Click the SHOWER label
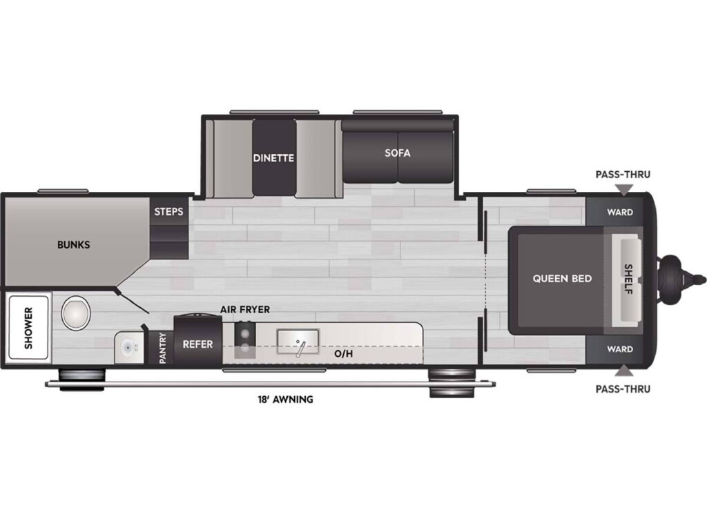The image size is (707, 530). click(28, 328)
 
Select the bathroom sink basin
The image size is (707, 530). click(129, 348)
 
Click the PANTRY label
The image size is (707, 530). click(163, 348)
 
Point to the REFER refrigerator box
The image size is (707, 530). click(198, 341)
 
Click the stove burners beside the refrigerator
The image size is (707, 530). click(245, 340)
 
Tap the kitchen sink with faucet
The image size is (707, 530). click(298, 342)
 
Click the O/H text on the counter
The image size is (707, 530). click(344, 354)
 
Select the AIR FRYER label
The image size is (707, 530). click(245, 310)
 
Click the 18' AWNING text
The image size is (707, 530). click(285, 400)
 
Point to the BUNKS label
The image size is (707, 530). click(73, 245)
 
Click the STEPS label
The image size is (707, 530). click(168, 211)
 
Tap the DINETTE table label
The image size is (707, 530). click(273, 158)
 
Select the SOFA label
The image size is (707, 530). click(398, 153)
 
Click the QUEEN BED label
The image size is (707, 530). click(562, 279)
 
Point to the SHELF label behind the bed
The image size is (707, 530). click(628, 279)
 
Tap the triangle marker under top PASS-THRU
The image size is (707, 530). click(623, 190)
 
